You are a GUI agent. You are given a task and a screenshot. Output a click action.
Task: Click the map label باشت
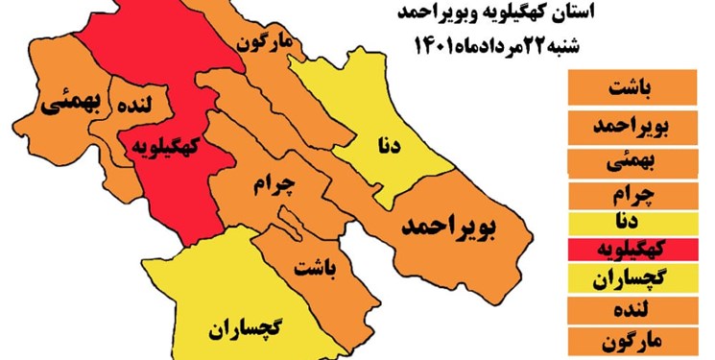317,266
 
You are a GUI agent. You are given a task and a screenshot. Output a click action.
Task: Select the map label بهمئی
64,105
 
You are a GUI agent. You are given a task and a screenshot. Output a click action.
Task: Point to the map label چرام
274,184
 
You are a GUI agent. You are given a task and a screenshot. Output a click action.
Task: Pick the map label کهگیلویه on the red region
167,146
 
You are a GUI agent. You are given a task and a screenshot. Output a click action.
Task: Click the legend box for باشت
634,90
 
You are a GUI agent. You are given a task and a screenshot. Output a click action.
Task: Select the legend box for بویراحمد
634,125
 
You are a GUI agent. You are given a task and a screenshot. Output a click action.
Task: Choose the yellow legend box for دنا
634,223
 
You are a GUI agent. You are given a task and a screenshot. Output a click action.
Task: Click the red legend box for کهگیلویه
634,251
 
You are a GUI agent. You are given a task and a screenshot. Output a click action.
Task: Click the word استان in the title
576,12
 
